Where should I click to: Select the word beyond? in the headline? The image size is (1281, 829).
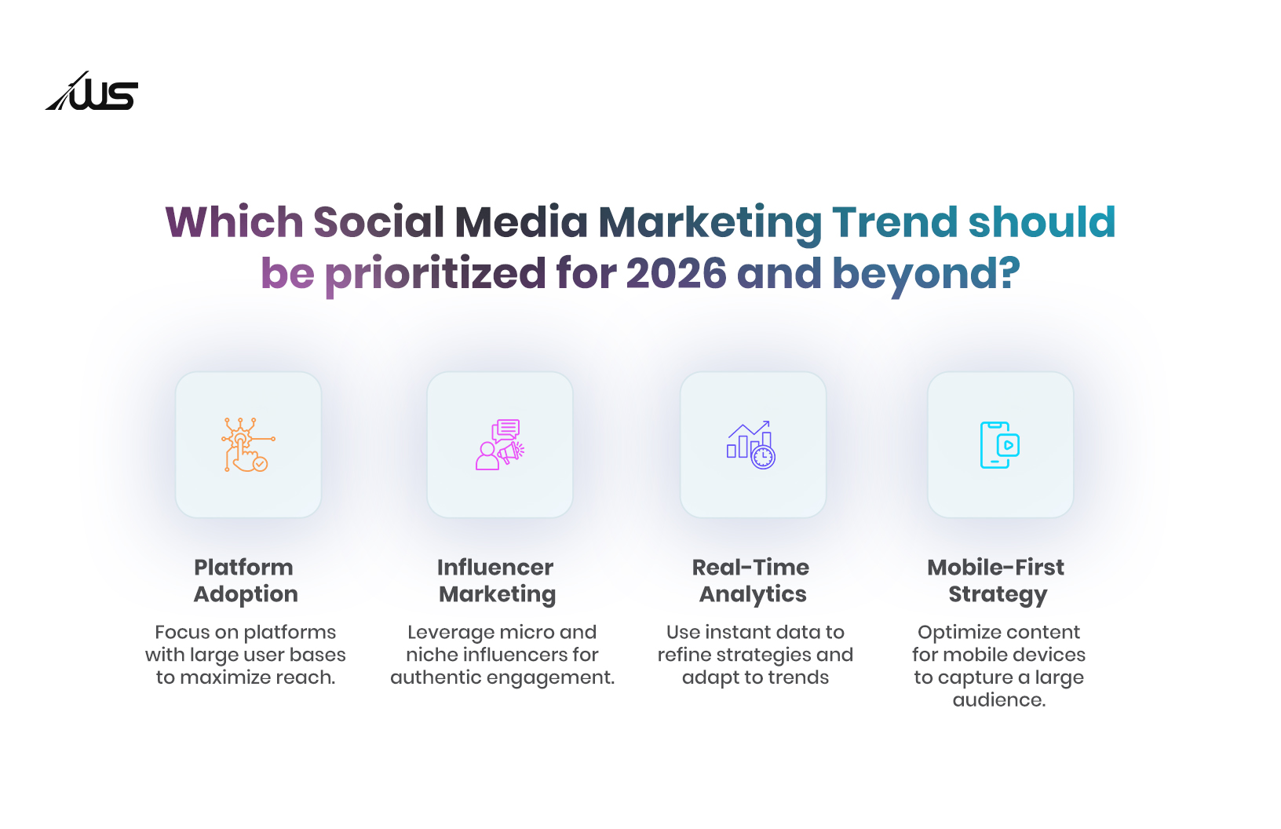click(926, 273)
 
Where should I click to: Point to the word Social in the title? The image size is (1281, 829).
click(379, 222)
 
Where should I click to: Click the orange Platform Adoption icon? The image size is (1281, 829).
click(248, 444)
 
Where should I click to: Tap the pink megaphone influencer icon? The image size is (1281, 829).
click(500, 444)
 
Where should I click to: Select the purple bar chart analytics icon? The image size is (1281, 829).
click(752, 444)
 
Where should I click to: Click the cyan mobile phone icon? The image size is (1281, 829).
click(1000, 444)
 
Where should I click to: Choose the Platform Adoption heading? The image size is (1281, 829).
click(246, 580)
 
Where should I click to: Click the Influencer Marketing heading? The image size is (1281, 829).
click(496, 580)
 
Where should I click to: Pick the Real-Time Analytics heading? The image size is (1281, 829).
click(752, 580)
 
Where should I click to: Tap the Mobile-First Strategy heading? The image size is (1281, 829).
click(997, 580)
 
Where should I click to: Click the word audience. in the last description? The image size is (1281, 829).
click(999, 699)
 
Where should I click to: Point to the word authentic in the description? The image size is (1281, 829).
click(434, 677)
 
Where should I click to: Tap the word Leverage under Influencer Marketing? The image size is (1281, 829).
click(451, 632)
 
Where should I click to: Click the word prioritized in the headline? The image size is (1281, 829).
click(435, 275)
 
